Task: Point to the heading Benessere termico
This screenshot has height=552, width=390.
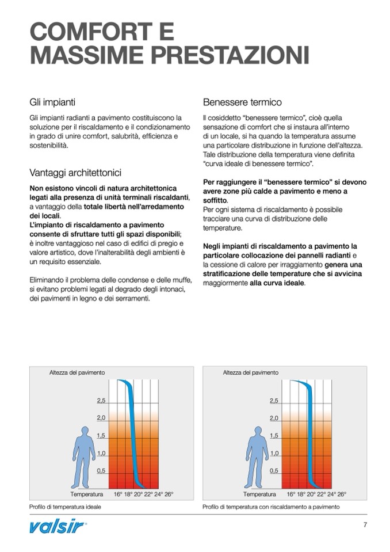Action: point(242,102)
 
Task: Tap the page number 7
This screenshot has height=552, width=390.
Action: point(365,524)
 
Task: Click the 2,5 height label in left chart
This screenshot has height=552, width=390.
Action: point(101,400)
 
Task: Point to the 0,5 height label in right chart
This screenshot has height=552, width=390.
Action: point(274,471)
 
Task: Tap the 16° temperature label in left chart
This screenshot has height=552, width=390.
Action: point(118,494)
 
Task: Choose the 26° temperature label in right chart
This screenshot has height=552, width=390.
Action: point(341,494)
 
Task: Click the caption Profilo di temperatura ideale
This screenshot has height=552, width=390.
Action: point(65,507)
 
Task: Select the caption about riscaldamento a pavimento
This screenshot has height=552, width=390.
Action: point(271,507)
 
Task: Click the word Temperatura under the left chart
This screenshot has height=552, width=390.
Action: point(87,494)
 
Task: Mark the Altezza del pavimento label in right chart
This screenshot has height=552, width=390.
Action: point(250,372)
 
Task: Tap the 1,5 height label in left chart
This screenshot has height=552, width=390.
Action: point(101,436)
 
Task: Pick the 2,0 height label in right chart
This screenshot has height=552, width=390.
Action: point(274,418)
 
